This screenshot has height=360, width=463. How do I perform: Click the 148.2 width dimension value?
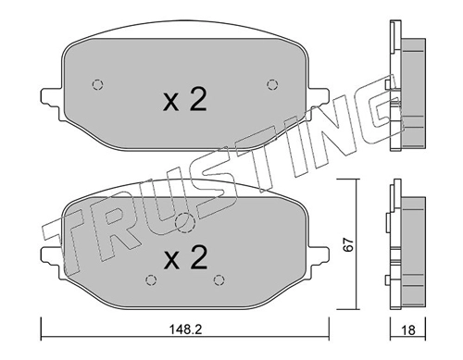[x=185, y=330]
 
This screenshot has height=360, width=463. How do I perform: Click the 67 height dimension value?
[x=348, y=244]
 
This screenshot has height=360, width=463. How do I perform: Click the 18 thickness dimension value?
[x=408, y=330]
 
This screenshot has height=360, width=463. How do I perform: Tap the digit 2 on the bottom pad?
[x=198, y=257]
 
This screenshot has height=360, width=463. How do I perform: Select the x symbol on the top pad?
[x=171, y=103]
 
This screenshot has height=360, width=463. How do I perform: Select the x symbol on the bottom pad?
[x=171, y=261]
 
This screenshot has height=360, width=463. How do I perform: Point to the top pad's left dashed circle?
[x=97, y=84]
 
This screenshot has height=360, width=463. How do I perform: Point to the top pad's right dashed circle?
[x=272, y=84]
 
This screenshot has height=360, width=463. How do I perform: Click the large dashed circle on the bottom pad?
[x=184, y=223]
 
